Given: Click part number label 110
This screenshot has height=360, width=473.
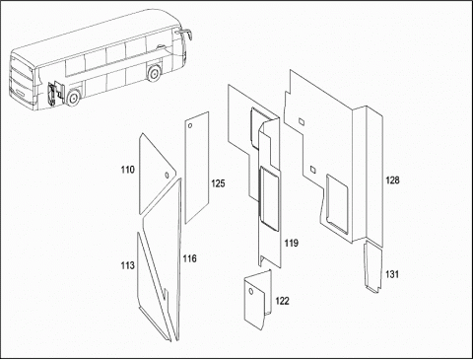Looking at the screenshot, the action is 128,170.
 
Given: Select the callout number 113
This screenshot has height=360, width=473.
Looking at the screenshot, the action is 128,265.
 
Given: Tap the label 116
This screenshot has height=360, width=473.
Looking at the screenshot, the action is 189,258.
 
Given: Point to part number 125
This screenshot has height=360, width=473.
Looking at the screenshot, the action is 218,183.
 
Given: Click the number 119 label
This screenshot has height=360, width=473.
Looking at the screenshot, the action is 292,243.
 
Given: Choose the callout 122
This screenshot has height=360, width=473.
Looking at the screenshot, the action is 282,301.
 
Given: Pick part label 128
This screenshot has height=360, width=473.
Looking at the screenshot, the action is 392,180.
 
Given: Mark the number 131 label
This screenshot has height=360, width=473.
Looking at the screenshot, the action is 392,274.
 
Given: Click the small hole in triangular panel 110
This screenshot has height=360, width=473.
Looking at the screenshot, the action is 167,176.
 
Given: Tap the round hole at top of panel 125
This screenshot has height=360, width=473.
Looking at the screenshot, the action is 190,126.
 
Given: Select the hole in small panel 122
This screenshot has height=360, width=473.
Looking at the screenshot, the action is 251,291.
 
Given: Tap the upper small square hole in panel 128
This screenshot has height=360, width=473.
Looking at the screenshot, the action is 302,121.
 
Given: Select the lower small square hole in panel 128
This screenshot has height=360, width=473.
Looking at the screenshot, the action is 313,169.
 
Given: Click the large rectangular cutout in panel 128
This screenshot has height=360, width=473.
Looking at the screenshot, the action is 337,204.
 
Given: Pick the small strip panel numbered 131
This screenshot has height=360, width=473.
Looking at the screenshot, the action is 373,266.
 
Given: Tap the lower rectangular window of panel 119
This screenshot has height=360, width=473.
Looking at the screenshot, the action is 269,197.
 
